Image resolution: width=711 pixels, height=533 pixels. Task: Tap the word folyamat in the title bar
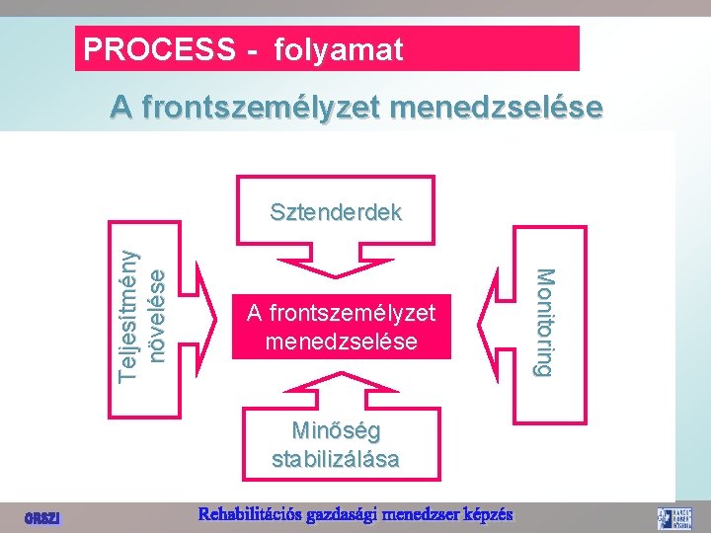pos(339,49)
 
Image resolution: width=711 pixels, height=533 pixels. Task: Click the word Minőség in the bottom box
pos(336,430)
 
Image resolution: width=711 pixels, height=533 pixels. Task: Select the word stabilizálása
pos(336,459)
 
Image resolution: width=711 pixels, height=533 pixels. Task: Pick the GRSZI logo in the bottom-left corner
pos(42,517)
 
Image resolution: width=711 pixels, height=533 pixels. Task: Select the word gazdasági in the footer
pos(341,514)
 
